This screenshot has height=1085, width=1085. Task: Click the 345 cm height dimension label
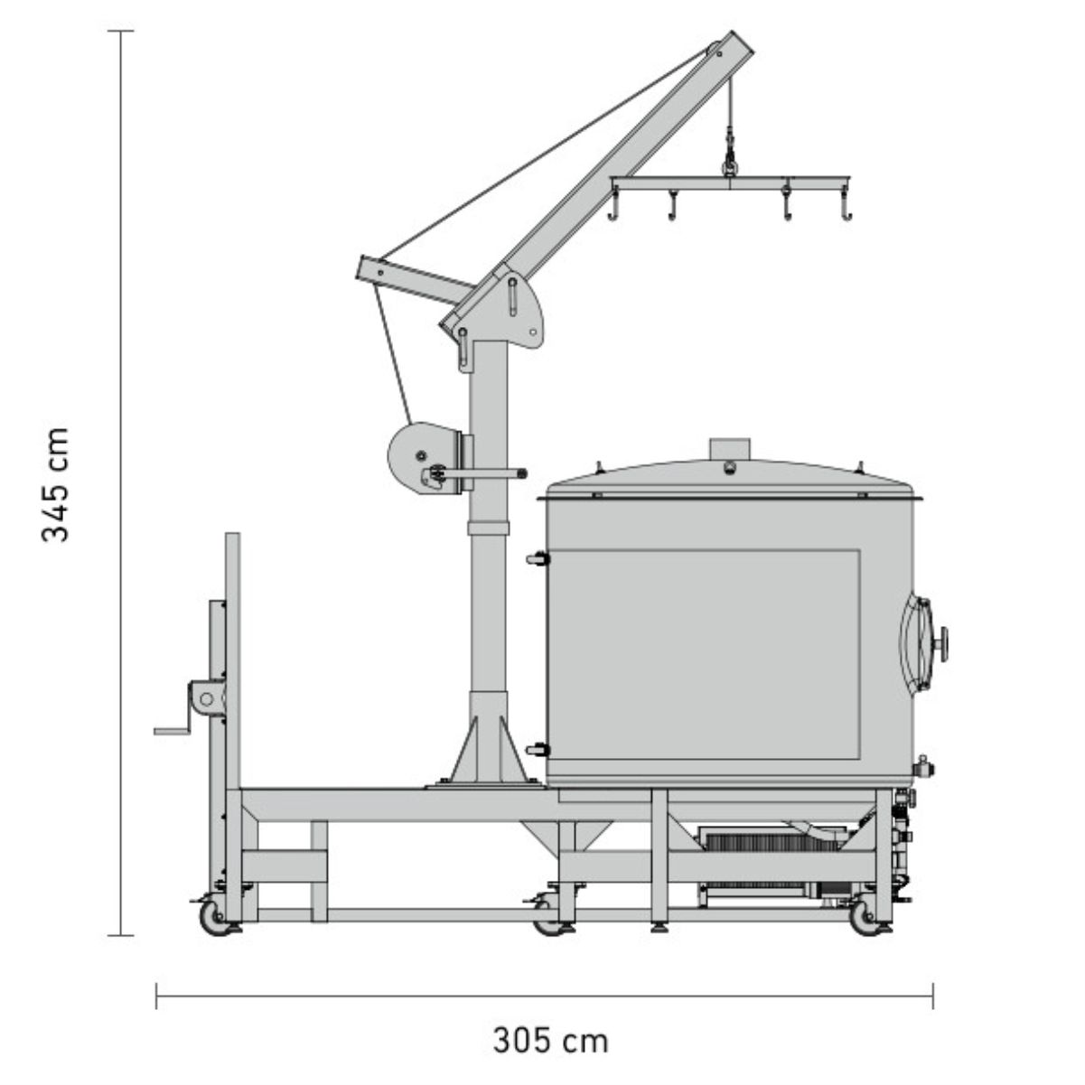pyautogui.click(x=56, y=485)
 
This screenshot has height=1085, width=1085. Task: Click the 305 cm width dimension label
pyautogui.click(x=551, y=1024)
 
